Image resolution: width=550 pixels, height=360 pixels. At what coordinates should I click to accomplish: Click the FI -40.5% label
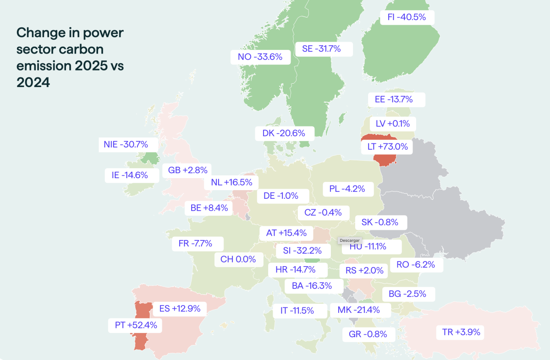click(407, 17)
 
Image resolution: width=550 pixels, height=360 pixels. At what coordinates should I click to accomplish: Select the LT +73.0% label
click(387, 147)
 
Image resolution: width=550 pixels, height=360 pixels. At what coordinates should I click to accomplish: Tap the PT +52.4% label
click(135, 325)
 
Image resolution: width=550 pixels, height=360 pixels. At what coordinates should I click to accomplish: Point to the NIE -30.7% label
click(128, 145)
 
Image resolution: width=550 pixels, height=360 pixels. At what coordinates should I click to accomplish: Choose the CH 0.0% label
click(239, 260)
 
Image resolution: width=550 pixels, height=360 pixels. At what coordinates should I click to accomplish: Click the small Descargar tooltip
click(350, 240)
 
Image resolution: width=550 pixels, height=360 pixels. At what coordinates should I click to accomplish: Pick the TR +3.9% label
click(460, 333)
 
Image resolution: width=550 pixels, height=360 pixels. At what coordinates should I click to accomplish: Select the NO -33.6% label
click(260, 57)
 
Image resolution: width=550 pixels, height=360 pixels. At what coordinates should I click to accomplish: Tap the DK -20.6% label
click(285, 133)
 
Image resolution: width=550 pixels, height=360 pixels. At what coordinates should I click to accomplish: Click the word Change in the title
click(40, 33)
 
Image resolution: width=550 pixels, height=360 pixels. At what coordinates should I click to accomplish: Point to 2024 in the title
click(33, 82)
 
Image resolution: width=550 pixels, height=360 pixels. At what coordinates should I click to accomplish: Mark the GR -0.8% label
click(369, 334)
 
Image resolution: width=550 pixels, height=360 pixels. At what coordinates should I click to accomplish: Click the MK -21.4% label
click(360, 311)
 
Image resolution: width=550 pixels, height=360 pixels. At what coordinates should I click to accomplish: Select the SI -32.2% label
click(303, 251)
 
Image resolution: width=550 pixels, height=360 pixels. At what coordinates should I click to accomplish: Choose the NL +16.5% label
click(231, 183)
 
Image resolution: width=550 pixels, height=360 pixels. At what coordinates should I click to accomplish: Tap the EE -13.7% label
click(396, 100)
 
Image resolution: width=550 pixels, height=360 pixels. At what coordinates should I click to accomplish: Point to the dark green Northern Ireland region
click(150, 158)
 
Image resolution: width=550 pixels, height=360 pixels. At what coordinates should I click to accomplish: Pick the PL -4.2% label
click(348, 189)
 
